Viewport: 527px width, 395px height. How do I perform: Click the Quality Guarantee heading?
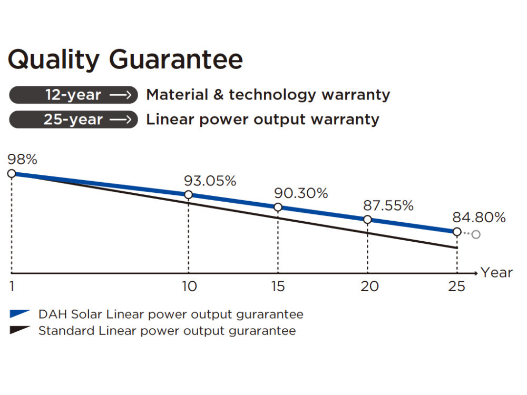125,60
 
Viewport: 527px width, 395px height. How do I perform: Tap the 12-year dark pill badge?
73,95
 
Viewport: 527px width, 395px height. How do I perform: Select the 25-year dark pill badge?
73,120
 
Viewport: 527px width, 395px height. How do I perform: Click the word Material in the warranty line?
177,95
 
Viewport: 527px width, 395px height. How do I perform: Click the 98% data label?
22,160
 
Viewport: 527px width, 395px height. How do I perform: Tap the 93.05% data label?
210,181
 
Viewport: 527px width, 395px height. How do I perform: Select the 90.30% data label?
301,193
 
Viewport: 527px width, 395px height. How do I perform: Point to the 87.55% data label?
388,205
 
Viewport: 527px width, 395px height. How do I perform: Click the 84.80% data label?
479,217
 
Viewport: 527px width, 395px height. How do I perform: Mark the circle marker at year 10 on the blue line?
188,195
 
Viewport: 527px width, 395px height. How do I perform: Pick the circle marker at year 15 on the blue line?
278,208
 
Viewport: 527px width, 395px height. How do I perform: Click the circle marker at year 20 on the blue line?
367,220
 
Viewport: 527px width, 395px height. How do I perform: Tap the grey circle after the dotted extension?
476,234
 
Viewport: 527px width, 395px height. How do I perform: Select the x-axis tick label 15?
278,287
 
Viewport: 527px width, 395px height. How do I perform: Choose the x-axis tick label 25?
456,287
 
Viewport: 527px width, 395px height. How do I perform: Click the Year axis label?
496,273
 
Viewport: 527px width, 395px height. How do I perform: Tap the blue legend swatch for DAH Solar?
19,314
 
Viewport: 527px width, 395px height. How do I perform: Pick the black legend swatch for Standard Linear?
19,331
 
